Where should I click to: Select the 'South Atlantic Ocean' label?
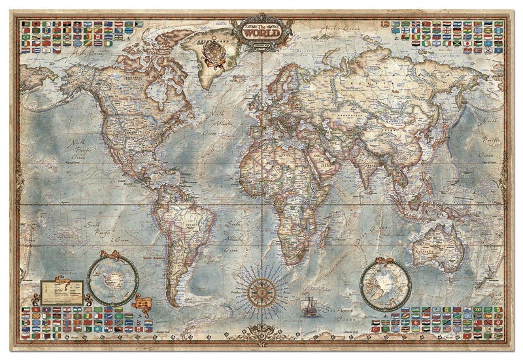coord(235,235)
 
